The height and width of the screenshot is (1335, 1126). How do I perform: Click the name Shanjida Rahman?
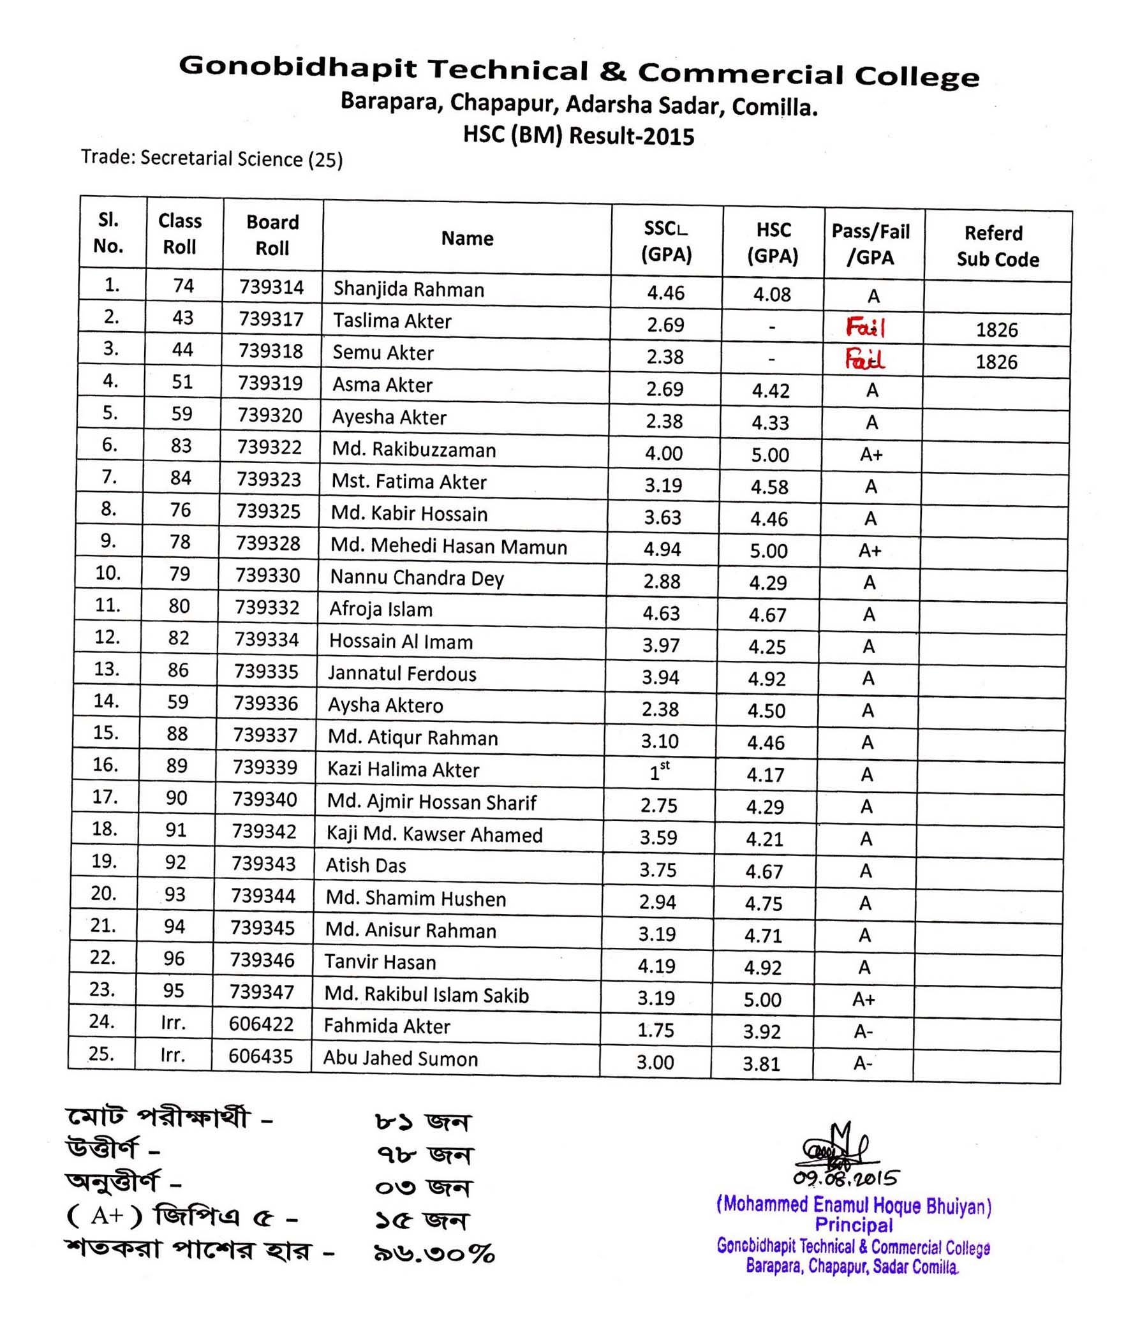(x=408, y=290)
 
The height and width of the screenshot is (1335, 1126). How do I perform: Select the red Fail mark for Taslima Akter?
(x=865, y=328)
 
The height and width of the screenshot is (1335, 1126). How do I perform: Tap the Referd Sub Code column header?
(x=997, y=246)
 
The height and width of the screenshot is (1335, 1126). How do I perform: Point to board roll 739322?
(x=269, y=447)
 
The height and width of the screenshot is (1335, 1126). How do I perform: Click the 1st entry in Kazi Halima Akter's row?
(x=660, y=772)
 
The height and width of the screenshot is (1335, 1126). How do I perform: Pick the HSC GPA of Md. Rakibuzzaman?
(x=770, y=455)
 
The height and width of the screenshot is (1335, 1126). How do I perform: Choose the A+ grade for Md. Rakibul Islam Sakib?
(x=864, y=999)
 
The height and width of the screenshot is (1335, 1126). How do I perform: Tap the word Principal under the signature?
(x=854, y=1225)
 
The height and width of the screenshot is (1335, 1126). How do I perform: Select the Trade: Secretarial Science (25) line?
(x=212, y=158)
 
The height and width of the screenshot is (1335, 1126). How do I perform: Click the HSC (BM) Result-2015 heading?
(x=579, y=136)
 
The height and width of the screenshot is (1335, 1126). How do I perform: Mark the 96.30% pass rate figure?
(x=434, y=1253)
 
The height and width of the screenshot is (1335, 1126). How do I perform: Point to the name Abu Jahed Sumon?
(x=400, y=1059)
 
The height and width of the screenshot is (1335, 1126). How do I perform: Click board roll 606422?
(x=261, y=1024)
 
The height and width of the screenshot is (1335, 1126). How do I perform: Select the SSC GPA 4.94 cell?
(x=662, y=549)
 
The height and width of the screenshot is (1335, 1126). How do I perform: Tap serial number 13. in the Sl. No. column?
(x=107, y=669)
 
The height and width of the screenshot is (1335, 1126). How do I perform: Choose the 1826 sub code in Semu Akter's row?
(x=996, y=362)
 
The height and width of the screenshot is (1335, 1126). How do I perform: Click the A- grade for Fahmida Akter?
(x=863, y=1031)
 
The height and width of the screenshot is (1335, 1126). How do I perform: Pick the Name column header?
(x=467, y=239)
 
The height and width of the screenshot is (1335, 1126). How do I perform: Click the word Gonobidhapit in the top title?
(x=297, y=67)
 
